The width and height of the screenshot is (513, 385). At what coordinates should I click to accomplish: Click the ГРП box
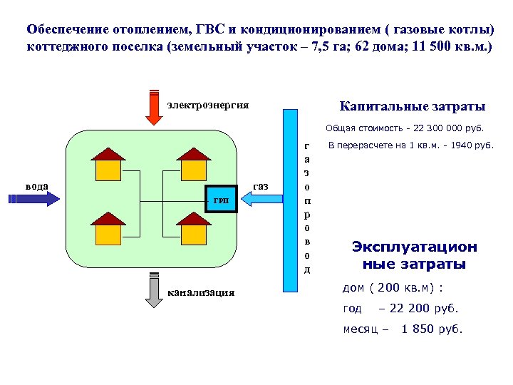(221, 200)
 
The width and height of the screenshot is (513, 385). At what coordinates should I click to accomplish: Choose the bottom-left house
(108, 230)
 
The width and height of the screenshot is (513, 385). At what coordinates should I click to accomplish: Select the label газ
(260, 186)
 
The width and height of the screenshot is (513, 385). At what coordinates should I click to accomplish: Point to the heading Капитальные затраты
(413, 107)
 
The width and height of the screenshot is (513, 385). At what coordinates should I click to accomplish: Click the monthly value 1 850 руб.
(432, 329)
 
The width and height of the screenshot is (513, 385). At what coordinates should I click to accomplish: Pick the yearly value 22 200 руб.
(418, 309)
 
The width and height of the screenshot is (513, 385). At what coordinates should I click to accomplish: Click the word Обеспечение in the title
(68, 30)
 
